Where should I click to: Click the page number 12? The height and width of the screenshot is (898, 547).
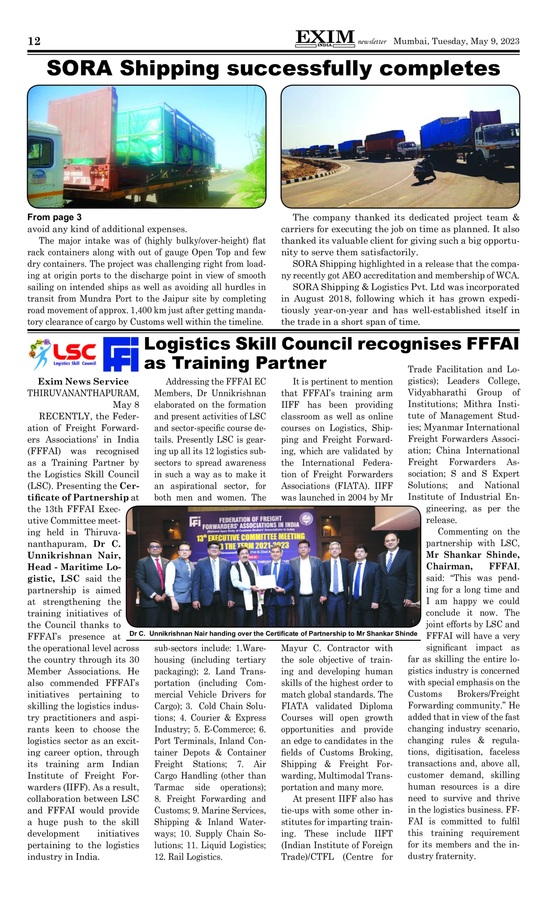pyautogui.click(x=34, y=41)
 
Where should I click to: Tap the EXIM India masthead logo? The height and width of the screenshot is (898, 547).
pyautogui.click(x=324, y=38)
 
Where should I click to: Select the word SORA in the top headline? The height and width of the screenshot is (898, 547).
pyautogui.click(x=79, y=68)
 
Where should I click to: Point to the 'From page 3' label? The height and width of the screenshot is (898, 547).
pyautogui.click(x=54, y=217)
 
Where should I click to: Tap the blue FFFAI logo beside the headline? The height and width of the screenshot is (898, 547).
pyautogui.click(x=121, y=354)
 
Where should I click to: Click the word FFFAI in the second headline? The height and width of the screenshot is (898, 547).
pyautogui.click(x=492, y=344)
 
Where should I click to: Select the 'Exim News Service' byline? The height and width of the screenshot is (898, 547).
pyautogui.click(x=83, y=382)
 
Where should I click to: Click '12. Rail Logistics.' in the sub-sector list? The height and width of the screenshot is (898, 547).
pyautogui.click(x=188, y=857)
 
